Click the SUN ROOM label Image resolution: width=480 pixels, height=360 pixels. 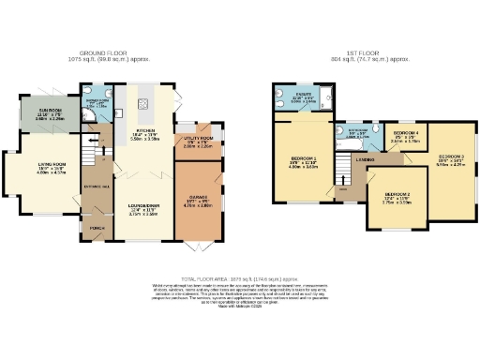tap(51, 111)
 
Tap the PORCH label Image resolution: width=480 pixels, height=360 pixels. tap(96, 226)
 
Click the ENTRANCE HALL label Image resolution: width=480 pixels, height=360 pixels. tap(96, 187)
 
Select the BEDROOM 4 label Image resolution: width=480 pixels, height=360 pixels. tap(406, 135)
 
